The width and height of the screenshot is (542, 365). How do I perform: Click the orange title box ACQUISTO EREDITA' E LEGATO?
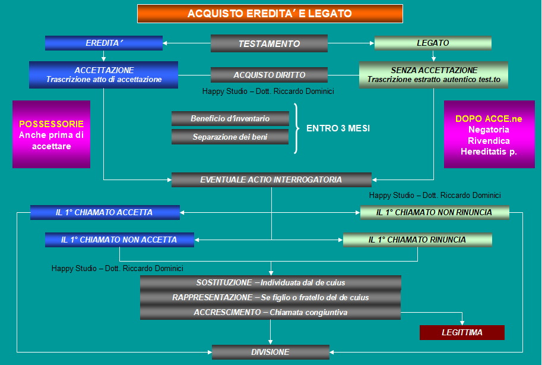(270, 14)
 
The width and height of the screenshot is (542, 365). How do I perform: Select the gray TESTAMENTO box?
(269, 43)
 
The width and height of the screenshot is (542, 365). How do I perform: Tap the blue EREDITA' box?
(104, 43)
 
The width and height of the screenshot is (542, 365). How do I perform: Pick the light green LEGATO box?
(433, 43)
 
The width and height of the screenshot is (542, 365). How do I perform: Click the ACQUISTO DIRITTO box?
(269, 75)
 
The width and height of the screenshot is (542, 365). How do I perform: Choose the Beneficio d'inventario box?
(230, 118)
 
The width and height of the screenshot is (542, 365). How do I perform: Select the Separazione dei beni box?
(230, 137)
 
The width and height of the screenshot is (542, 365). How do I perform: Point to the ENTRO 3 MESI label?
(338, 128)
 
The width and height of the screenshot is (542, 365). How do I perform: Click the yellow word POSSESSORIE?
(51, 124)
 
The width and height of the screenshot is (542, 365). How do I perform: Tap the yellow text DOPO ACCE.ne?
(489, 119)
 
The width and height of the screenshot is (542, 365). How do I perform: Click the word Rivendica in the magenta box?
(489, 141)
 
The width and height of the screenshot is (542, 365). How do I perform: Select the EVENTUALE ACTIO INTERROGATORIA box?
(271, 180)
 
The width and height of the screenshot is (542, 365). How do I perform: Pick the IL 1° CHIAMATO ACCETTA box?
(105, 212)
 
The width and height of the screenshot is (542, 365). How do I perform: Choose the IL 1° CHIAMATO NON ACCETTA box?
(119, 240)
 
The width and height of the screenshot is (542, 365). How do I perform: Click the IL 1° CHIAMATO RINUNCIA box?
(417, 240)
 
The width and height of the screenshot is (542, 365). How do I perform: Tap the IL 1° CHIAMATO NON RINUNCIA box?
(435, 212)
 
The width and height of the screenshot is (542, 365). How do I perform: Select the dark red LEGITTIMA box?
(462, 332)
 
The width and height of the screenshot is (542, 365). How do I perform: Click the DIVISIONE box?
(270, 352)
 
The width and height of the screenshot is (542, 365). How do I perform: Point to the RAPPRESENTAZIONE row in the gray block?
(270, 297)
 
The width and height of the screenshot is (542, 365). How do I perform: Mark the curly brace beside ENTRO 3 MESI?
(296, 128)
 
